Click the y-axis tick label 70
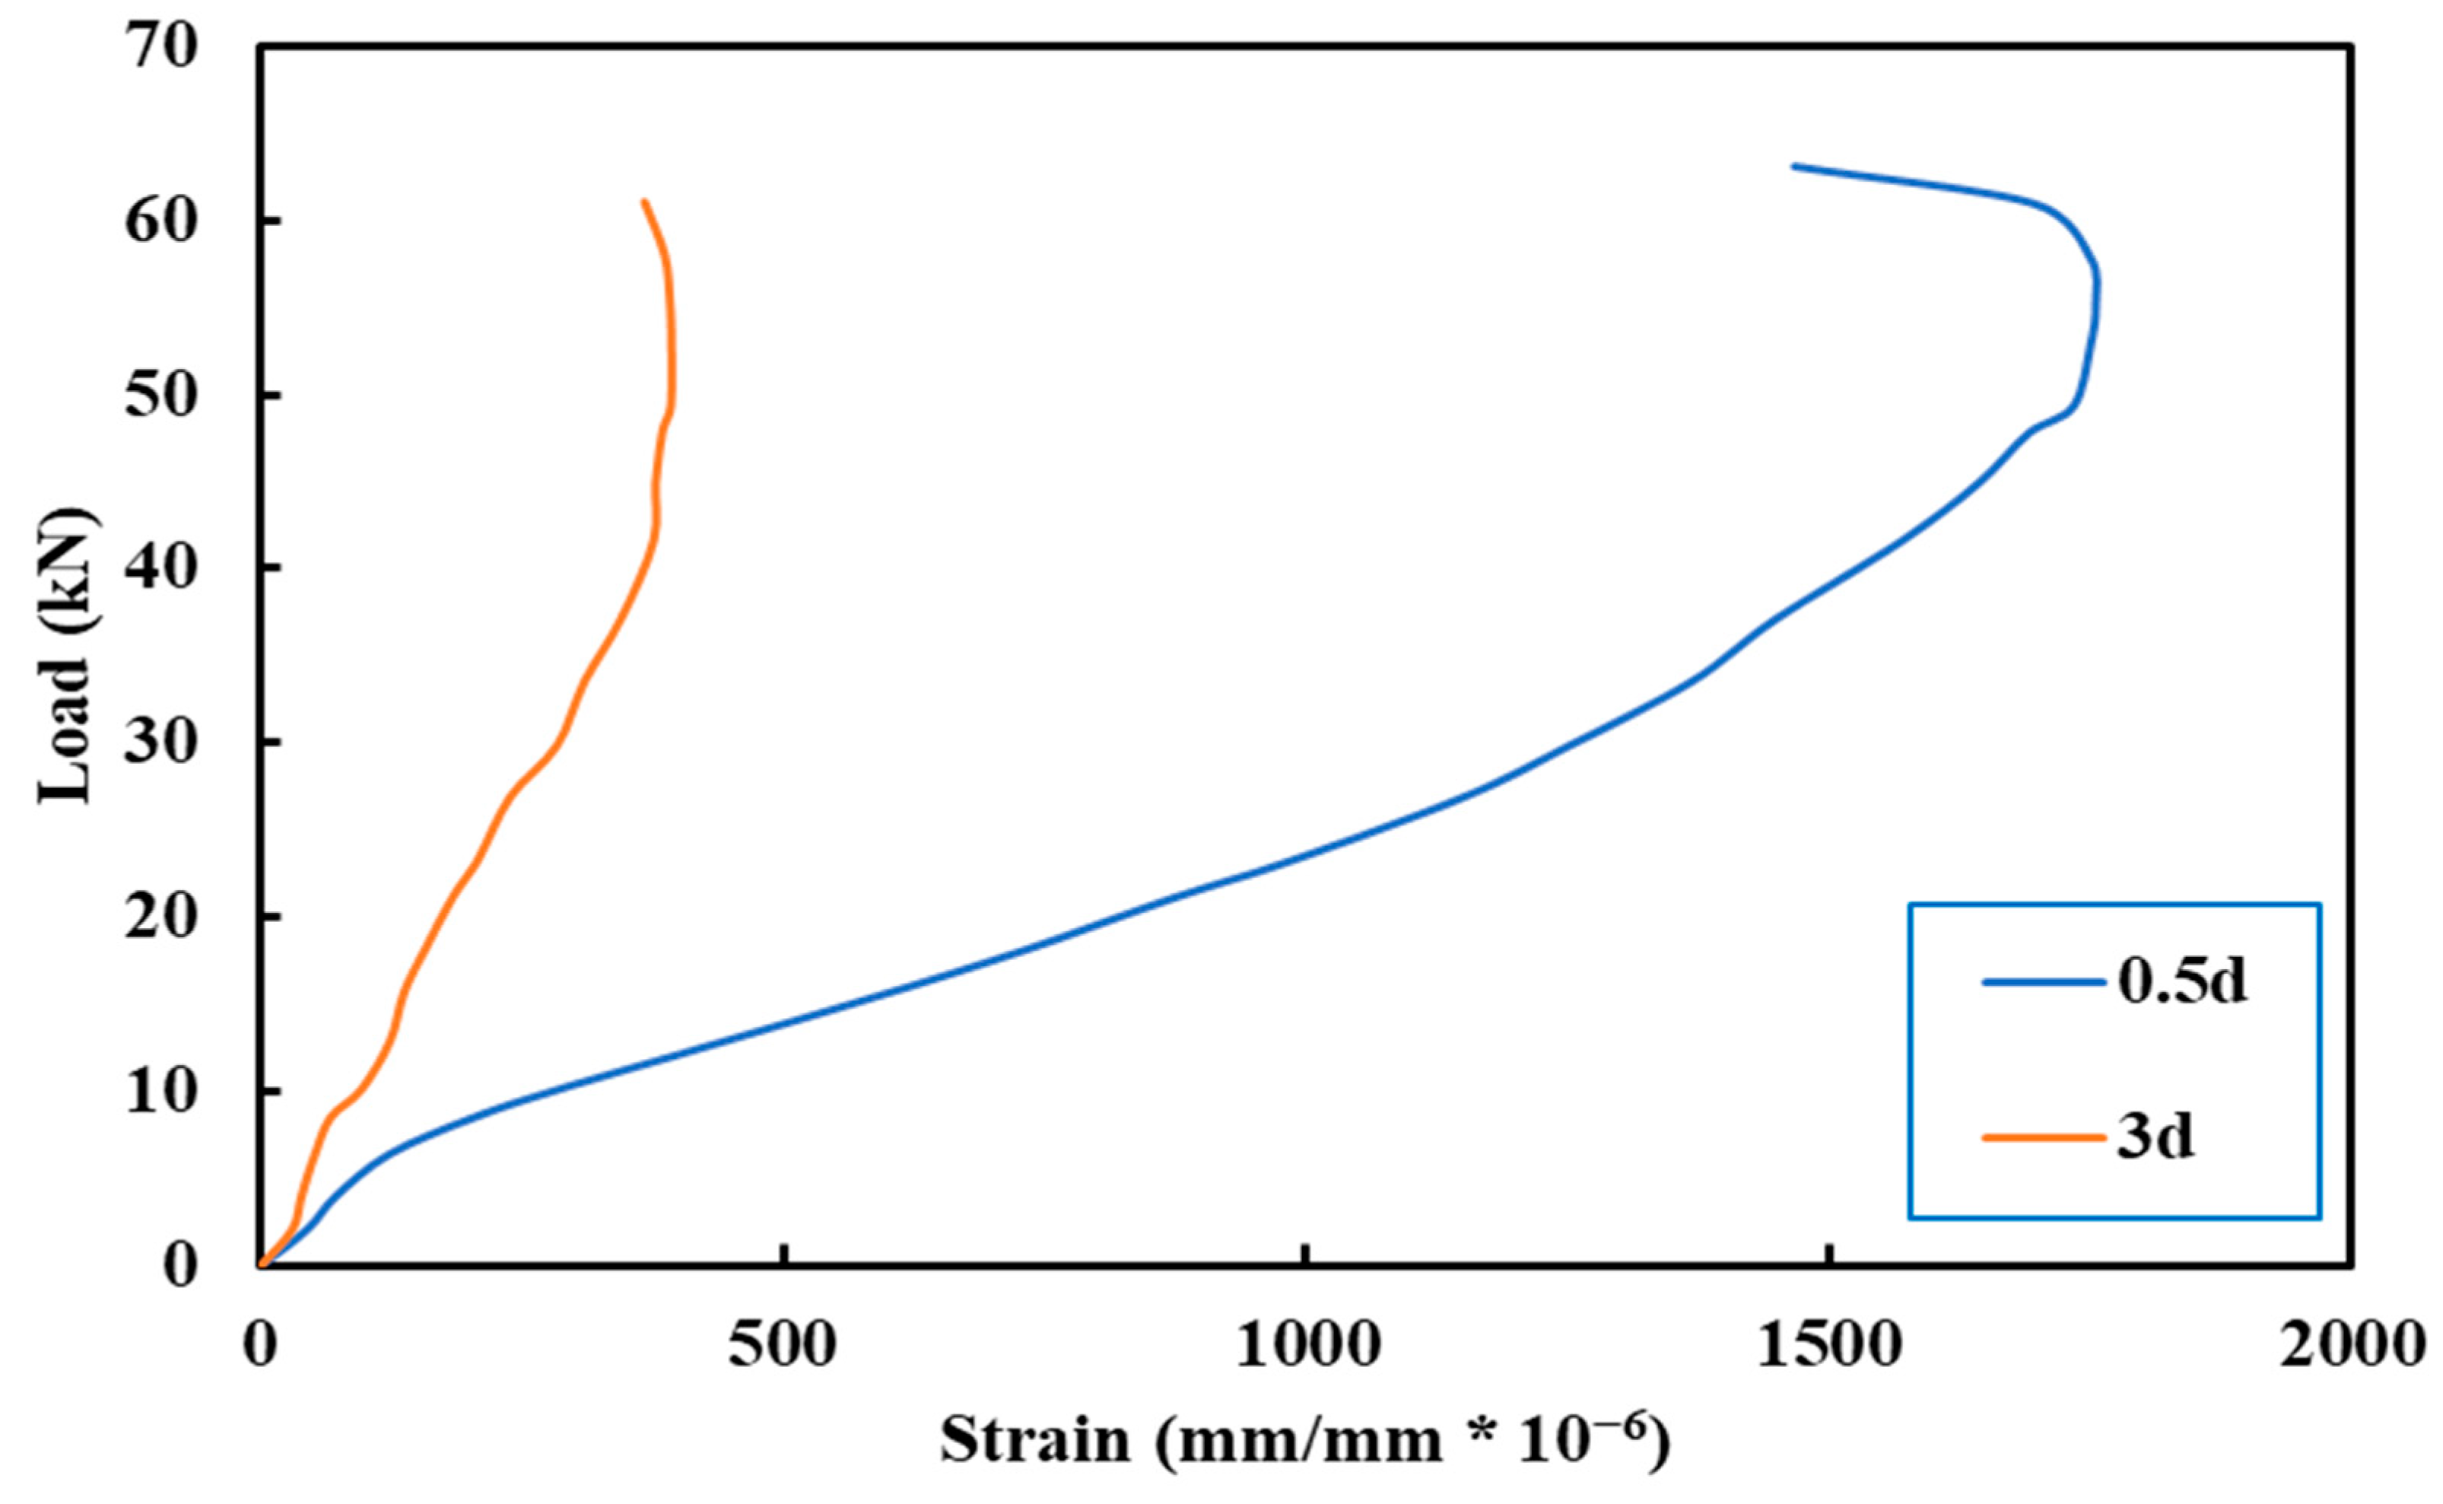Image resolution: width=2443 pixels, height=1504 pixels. coord(161,49)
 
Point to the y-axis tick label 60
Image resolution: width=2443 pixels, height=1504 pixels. coord(161,223)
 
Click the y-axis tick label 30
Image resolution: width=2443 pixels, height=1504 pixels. coord(161,745)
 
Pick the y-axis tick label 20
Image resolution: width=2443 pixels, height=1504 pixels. coord(161,919)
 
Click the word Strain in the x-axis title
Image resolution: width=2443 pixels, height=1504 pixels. coord(1035,1440)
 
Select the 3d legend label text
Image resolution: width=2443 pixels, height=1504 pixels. coord(2155,1136)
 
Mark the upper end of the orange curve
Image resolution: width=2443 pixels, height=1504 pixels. coord(644,202)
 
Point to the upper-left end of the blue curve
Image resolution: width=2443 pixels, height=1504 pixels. coord(1793,166)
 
